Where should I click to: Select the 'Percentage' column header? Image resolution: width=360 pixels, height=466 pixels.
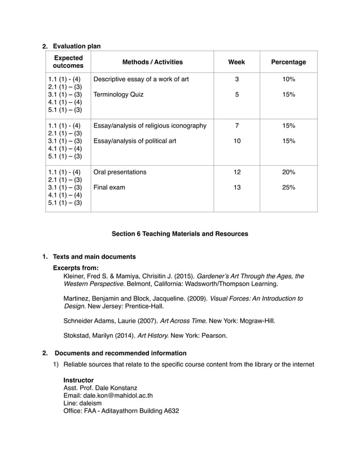click(288, 62)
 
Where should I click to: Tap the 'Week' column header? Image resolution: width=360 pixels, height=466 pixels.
click(236, 62)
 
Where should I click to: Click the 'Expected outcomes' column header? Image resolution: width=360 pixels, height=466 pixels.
click(68, 62)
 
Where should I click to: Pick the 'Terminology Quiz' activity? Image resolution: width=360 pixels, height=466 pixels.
click(118, 95)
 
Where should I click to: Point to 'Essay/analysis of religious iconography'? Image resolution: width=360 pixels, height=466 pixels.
click(150, 125)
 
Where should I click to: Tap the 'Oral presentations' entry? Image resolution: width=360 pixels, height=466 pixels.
click(120, 172)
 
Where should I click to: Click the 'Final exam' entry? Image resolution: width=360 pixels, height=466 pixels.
click(109, 187)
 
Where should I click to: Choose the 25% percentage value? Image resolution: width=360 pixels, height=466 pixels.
click(288, 187)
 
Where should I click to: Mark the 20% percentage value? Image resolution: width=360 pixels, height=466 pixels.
click(288, 172)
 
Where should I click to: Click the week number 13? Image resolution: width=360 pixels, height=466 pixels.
click(237, 187)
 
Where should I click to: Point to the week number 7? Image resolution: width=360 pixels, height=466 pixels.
click(237, 125)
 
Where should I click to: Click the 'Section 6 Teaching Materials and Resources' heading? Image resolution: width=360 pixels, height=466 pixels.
click(179, 234)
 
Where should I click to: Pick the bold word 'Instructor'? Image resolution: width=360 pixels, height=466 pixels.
click(78, 380)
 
